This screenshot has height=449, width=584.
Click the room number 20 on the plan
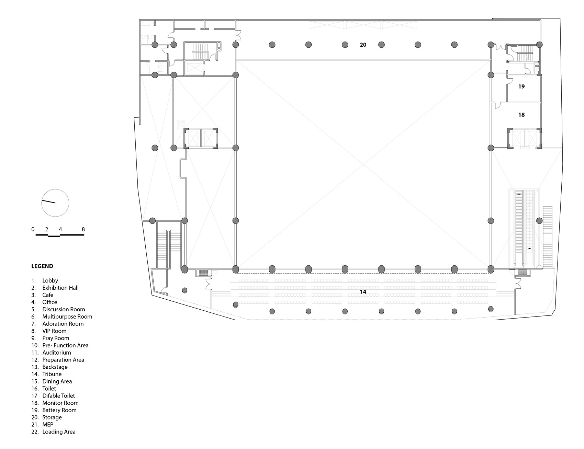pyautogui.click(x=363, y=45)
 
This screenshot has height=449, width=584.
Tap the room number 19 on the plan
pyautogui.click(x=521, y=87)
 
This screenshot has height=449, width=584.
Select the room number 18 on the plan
pyautogui.click(x=521, y=115)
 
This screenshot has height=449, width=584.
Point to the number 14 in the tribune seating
pyautogui.click(x=363, y=292)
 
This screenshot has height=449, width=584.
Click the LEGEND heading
pyautogui.click(x=42, y=266)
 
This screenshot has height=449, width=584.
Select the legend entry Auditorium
pyautogui.click(x=56, y=353)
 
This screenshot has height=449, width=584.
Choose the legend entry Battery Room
pyautogui.click(x=59, y=410)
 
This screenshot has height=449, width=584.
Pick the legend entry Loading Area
pyautogui.click(x=59, y=432)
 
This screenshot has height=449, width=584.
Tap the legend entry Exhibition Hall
pyautogui.click(x=60, y=288)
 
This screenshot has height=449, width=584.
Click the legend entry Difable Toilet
pyautogui.click(x=58, y=396)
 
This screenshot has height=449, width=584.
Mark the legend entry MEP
pyautogui.click(x=48, y=425)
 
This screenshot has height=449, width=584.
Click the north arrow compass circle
pyautogui.click(x=55, y=203)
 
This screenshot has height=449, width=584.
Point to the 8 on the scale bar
pyautogui.click(x=83, y=229)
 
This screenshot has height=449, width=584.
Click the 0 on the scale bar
pyautogui.click(x=33, y=229)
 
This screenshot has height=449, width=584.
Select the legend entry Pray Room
pyautogui.click(x=56, y=338)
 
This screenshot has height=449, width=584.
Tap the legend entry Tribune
pyautogui.click(x=52, y=374)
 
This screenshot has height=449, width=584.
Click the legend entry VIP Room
pyautogui.click(x=54, y=331)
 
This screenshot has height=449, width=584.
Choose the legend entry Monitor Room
pyautogui.click(x=60, y=403)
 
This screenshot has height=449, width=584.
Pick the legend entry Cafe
pyautogui.click(x=48, y=295)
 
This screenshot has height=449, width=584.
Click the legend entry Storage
pyautogui.click(x=52, y=417)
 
